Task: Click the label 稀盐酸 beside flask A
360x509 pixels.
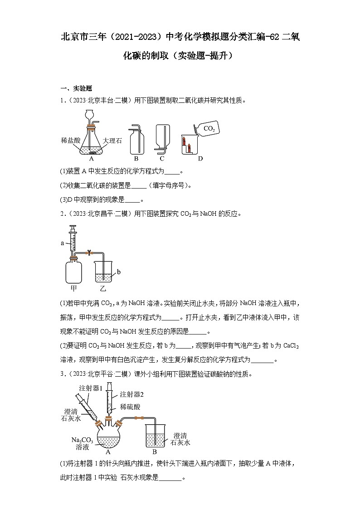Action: pyautogui.click(x=70, y=141)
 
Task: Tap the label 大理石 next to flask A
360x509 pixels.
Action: pyautogui.click(x=112, y=141)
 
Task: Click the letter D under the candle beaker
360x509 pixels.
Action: pyautogui.click(x=200, y=159)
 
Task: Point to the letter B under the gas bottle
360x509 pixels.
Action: pyautogui.click(x=136, y=159)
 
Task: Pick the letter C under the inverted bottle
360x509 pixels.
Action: pyautogui.click(x=162, y=159)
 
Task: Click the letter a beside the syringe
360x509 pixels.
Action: pyautogui.click(x=63, y=243)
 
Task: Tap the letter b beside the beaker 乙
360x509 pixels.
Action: pyautogui.click(x=118, y=272)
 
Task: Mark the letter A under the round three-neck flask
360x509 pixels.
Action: pyautogui.click(x=108, y=452)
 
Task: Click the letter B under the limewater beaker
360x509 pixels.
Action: pyautogui.click(x=154, y=452)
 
